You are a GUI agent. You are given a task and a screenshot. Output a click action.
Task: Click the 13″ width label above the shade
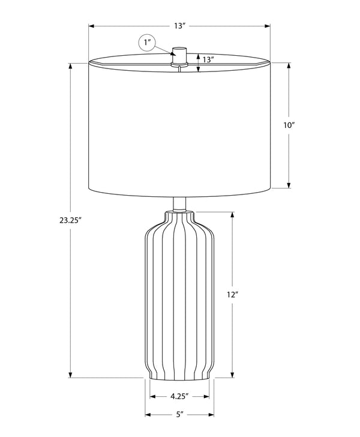pos(180,26)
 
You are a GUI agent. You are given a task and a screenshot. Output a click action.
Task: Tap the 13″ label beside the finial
pos(208,59)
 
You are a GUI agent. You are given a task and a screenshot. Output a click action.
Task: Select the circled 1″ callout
pos(147,43)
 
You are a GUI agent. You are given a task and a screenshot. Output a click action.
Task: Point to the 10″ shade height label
pos(289,125)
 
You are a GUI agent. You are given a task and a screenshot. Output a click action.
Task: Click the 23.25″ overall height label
pos(70,220)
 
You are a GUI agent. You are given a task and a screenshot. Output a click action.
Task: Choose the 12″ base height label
pos(232,295)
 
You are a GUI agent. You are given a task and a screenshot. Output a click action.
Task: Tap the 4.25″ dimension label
pos(179,397)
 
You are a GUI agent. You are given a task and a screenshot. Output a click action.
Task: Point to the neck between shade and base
pos(179,204)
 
